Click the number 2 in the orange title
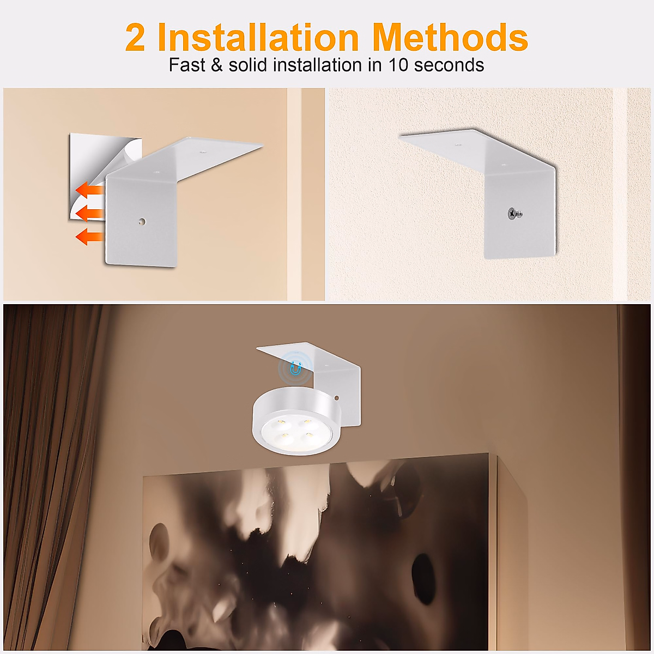pos(135,38)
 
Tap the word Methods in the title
pos(450,38)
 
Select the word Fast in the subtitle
pos(187,65)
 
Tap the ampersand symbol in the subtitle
pos(217,65)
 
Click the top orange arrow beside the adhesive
pos(89,190)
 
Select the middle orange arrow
pos(89,213)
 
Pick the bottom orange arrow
pos(89,237)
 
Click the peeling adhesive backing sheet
pos(87,158)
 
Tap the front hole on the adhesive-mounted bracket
pos(142,222)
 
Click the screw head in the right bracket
pos(513,214)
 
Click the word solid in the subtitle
pos(249,65)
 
